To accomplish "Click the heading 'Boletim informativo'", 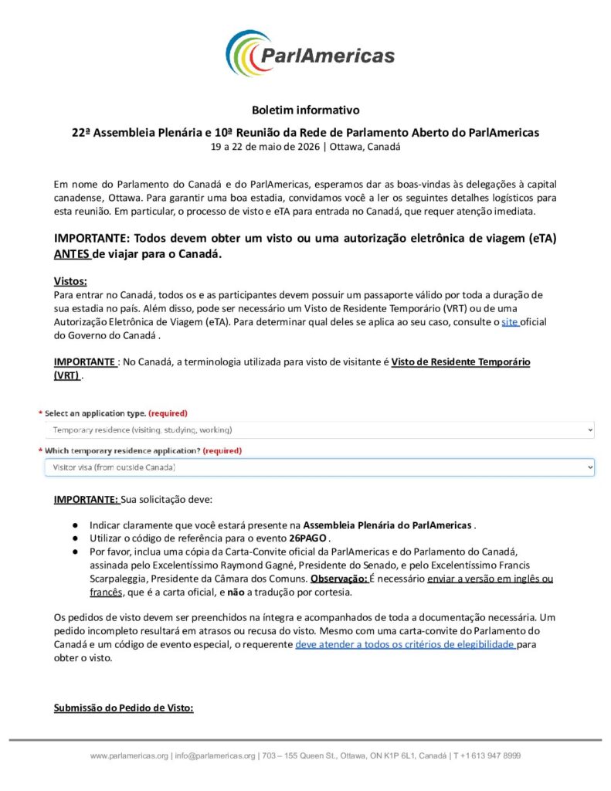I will click(x=305, y=110).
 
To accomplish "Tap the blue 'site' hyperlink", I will click(x=509, y=321).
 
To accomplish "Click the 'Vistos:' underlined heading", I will click(x=70, y=281).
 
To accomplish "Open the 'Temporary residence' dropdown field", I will click(x=319, y=429).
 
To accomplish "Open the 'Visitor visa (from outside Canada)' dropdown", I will click(x=319, y=467).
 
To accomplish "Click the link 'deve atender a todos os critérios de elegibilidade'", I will click(x=406, y=643).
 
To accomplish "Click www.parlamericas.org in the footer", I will click(x=129, y=755).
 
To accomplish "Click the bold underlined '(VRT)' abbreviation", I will click(x=66, y=375).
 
